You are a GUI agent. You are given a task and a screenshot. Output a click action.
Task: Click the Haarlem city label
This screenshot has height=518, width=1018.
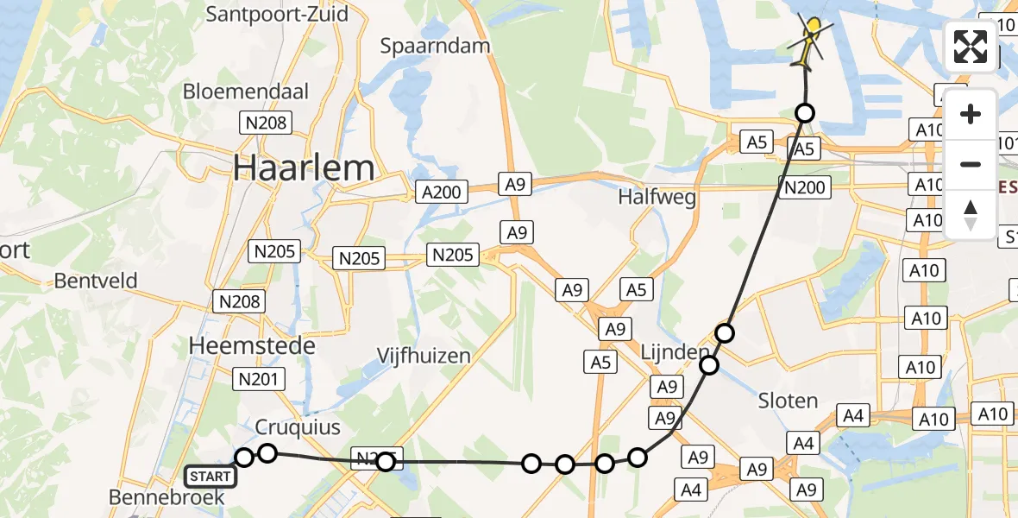tap(304, 168)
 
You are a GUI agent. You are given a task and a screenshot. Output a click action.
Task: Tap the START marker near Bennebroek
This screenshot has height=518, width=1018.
tap(211, 476)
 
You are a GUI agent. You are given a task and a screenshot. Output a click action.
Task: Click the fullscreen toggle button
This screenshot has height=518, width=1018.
tap(971, 47)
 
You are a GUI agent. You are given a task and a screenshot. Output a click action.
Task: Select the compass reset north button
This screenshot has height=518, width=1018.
tap(971, 215)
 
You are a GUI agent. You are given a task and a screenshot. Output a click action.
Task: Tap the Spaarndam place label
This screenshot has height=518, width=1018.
tap(436, 46)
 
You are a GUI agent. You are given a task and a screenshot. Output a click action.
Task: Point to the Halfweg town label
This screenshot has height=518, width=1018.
tap(657, 198)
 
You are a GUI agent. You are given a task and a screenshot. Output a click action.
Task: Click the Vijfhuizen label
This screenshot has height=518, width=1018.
tap(424, 356)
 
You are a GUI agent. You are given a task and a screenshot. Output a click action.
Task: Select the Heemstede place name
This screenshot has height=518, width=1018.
tap(252, 345)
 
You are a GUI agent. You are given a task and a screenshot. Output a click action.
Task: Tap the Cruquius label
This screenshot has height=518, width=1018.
tap(298, 427)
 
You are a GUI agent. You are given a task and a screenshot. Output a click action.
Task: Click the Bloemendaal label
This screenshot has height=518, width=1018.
tap(246, 91)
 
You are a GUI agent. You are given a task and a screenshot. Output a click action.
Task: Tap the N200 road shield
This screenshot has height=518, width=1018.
tap(805, 187)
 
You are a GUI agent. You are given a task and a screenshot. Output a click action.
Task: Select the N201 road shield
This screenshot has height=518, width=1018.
tap(255, 378)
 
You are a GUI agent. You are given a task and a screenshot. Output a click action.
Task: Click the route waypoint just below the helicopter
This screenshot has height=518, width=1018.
tap(805, 112)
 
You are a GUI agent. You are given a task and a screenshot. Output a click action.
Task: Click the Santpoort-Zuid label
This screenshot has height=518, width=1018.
tap(278, 15)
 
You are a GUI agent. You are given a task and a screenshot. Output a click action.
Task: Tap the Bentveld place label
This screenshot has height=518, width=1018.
tap(96, 281)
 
